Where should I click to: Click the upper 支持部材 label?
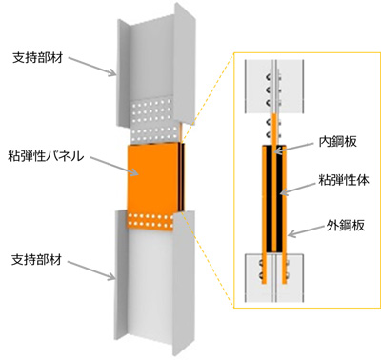[x=38, y=58]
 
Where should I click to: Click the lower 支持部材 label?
[x=37, y=260]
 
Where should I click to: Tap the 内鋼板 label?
[x=338, y=142]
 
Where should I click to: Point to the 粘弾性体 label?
[x=344, y=180]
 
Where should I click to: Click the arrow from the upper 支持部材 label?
[x=92, y=67]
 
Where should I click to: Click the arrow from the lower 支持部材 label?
[x=91, y=270]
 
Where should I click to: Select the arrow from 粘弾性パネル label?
[x=114, y=165]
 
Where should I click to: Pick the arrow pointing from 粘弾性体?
[x=298, y=188]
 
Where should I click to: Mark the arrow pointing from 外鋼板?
[x=306, y=231]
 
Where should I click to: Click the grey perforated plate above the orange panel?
[x=153, y=122]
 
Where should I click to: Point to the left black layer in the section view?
[x=270, y=198]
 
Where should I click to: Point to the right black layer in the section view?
[x=279, y=198]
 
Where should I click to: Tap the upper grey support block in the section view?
[x=274, y=86]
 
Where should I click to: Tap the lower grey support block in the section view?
[x=274, y=277]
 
